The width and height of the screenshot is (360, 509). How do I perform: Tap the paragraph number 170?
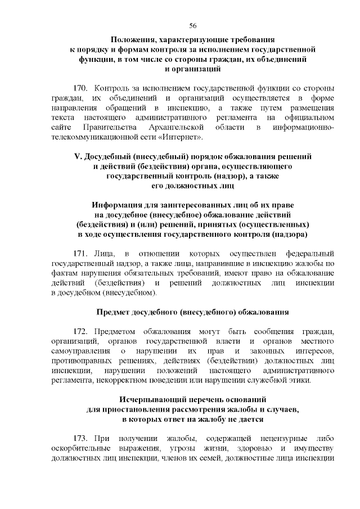coord(82,88)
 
